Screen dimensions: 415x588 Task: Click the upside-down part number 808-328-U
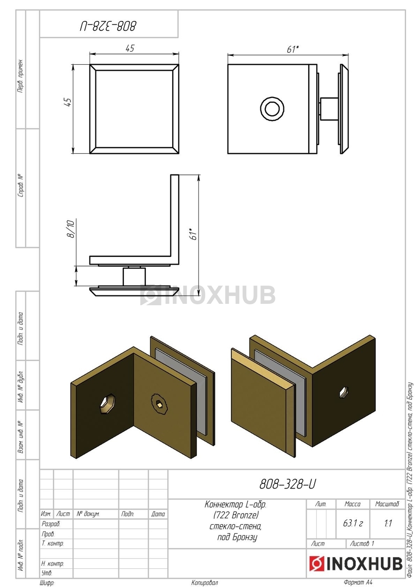[x=108, y=26]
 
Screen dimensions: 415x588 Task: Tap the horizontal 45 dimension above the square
[x=130, y=49]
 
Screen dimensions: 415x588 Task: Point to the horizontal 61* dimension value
[x=293, y=49]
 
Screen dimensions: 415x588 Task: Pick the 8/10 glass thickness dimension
[x=71, y=229]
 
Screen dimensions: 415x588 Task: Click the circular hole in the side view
[x=272, y=108]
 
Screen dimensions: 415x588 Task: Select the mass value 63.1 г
[x=353, y=523]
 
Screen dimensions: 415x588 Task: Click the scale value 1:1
[x=388, y=523]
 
